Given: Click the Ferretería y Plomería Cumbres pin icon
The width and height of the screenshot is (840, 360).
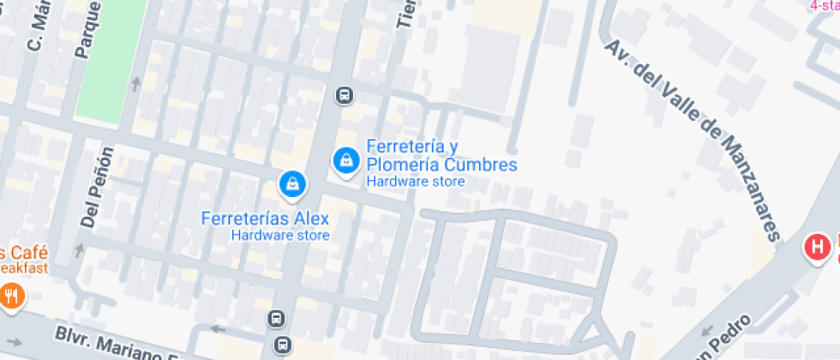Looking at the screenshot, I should click(x=345, y=159).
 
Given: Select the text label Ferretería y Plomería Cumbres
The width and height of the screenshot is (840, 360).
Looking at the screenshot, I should click(x=441, y=155).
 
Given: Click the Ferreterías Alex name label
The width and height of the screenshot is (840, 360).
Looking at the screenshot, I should click(x=265, y=218).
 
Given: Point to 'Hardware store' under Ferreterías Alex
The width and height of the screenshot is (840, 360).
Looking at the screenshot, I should click(x=280, y=235).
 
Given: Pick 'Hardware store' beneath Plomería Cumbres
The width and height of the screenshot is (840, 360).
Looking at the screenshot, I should click(x=416, y=182).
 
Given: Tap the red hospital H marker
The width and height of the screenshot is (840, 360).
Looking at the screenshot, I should click(x=817, y=249).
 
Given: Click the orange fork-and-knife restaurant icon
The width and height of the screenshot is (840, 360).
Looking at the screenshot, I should click(x=11, y=297).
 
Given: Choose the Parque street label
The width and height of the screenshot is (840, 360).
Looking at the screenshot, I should click(x=86, y=31).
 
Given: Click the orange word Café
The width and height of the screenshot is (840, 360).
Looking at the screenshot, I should click(x=27, y=254).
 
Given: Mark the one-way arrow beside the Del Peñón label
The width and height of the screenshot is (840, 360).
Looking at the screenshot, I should click(x=81, y=250).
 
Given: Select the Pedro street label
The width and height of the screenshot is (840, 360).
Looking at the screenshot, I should click(x=729, y=336).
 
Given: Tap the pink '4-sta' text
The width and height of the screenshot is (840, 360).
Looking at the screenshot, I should click(x=824, y=5).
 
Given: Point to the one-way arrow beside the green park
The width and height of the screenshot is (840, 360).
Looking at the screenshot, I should click(x=135, y=83).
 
